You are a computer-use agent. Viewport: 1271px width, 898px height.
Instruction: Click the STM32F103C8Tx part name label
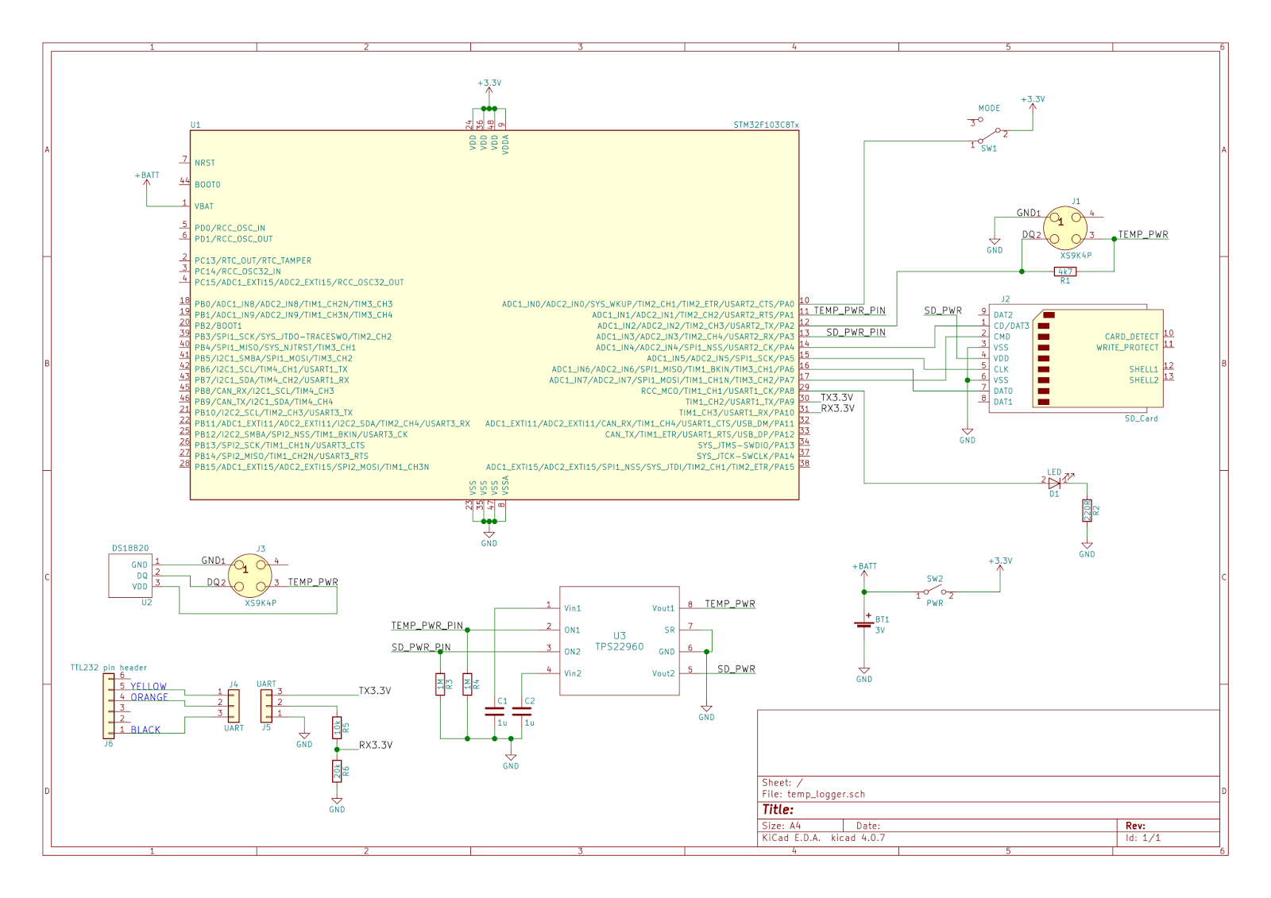pyautogui.click(x=766, y=125)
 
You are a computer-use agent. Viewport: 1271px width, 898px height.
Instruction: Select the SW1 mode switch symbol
pyautogui.click(x=990, y=136)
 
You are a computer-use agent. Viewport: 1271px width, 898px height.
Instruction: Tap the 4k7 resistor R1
pyautogui.click(x=1065, y=272)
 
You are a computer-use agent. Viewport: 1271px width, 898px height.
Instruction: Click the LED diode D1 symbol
pyautogui.click(x=1055, y=483)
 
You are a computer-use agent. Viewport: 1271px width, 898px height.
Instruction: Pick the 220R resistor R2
pyautogui.click(x=1087, y=511)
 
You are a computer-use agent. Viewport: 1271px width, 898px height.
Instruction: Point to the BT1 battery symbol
pyautogui.click(x=864, y=624)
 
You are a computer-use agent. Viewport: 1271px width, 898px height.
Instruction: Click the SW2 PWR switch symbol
pyautogui.click(x=935, y=592)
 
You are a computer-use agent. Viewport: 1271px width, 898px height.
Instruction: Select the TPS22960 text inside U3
pyautogui.click(x=620, y=647)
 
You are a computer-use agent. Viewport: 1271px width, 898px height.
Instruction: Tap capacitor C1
pyautogui.click(x=495, y=711)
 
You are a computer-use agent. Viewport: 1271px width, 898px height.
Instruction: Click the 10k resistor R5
pyautogui.click(x=337, y=726)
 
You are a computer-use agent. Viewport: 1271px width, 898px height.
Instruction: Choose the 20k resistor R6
pyautogui.click(x=337, y=770)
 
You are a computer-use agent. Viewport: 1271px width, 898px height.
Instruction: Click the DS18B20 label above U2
pyautogui.click(x=130, y=549)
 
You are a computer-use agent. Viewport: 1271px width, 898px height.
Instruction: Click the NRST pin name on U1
pyautogui.click(x=205, y=163)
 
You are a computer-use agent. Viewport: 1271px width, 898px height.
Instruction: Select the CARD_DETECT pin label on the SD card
pyautogui.click(x=1131, y=337)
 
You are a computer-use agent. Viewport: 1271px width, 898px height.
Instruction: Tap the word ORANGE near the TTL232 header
pyautogui.click(x=149, y=697)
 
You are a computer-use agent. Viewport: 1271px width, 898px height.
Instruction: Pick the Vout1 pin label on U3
pyautogui.click(x=663, y=608)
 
